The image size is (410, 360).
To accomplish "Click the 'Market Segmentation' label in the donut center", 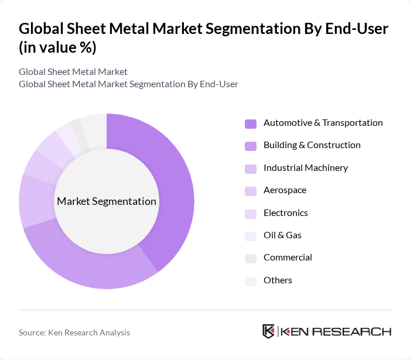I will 107,201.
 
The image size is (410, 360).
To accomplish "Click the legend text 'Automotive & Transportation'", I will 323,123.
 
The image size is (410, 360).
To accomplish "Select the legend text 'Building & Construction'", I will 312,145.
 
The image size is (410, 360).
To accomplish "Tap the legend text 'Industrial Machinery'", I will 305,168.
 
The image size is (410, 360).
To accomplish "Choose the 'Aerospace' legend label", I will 285,190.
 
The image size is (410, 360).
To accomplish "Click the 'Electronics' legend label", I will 285,213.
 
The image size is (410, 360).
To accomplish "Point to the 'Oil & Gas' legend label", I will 282,235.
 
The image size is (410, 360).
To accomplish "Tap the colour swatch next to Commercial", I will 251,258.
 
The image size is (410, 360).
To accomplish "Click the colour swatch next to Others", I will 251,281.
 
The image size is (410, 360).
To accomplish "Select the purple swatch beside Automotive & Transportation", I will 251,124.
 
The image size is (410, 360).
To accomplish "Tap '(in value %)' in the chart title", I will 57,47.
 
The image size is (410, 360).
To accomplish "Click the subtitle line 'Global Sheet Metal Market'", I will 73,72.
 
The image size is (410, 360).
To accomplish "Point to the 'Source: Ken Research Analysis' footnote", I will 74,332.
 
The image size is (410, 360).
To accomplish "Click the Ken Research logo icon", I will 269,331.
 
